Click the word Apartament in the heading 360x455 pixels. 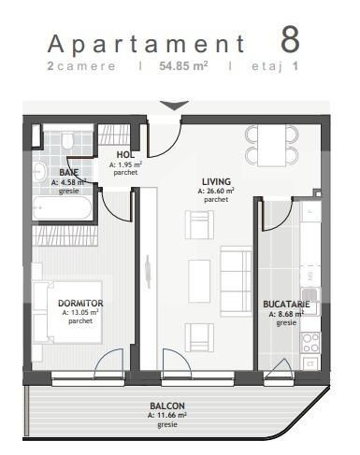(146, 44)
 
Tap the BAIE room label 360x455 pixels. (68, 173)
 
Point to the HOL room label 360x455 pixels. (126, 155)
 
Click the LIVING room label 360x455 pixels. (217, 181)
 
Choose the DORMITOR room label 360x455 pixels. (80, 304)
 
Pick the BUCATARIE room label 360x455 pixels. (287, 304)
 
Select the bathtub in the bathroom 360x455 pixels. (62, 207)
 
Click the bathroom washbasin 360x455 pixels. (39, 172)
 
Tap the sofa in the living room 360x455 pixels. (236, 275)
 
